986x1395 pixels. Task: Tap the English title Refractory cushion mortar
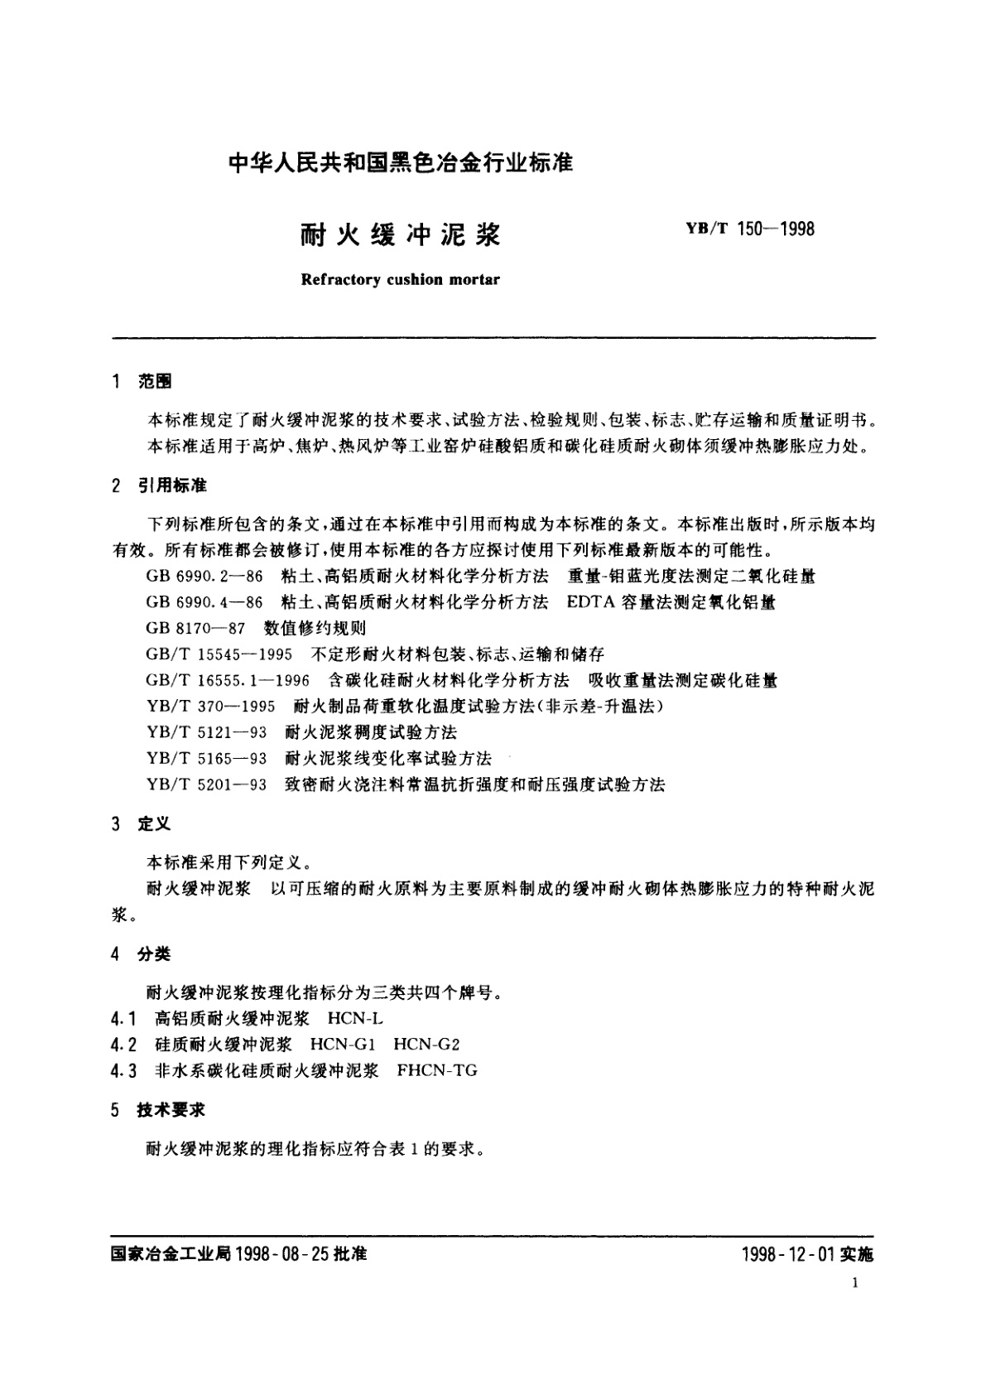point(401,279)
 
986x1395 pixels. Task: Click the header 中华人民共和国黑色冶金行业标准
point(401,162)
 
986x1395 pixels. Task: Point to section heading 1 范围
point(142,381)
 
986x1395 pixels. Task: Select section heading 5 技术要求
point(159,1110)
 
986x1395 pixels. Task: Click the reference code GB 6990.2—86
point(204,576)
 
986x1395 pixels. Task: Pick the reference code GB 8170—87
point(195,628)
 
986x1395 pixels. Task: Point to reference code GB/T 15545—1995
point(219,654)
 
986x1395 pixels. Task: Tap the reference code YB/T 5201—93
point(206,784)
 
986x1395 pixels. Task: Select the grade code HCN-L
point(355,1018)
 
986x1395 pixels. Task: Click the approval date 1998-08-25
point(282,1254)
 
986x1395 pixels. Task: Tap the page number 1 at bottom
point(854,1283)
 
